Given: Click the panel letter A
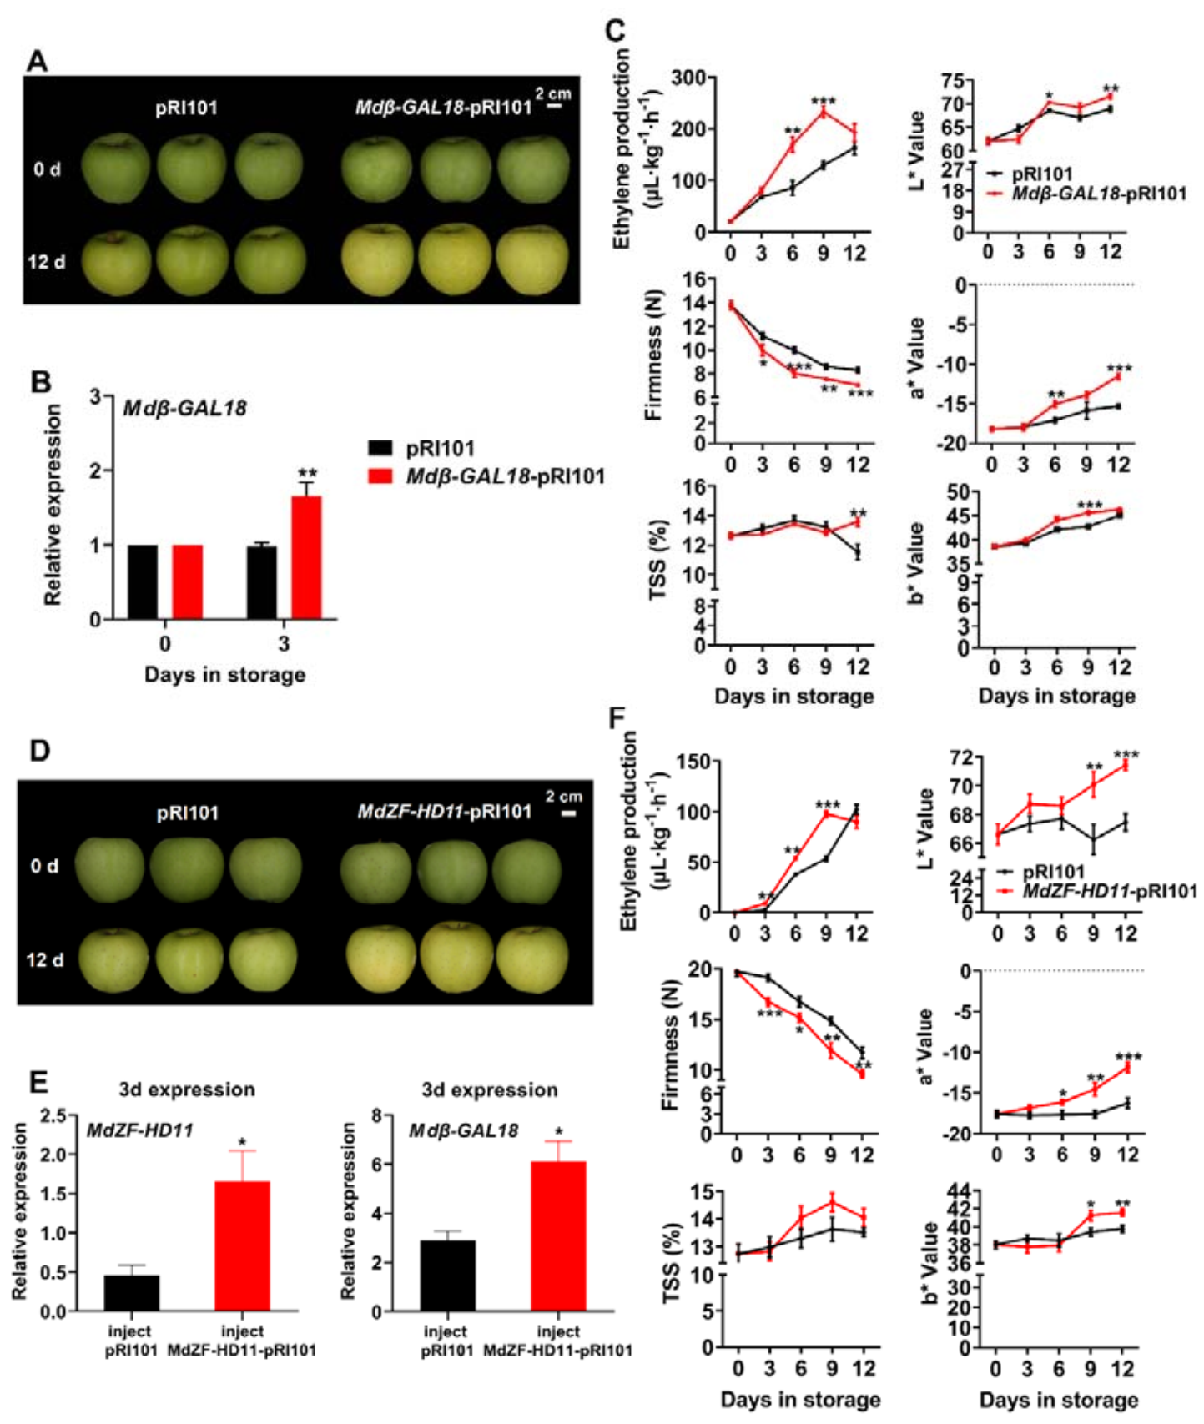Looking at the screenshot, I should point(37,61).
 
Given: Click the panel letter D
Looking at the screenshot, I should point(39,751).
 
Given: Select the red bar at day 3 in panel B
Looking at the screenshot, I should point(306,557).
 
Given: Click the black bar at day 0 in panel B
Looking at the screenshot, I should point(143,581).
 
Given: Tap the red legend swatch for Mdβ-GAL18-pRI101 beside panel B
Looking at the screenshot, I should point(380,476).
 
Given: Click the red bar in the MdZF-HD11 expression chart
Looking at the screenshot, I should point(242,1245).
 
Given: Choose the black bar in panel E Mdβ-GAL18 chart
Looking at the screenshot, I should point(447,1276).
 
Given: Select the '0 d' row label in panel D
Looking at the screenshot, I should point(44,866).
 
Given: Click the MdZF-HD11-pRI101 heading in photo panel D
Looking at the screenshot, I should point(444,811).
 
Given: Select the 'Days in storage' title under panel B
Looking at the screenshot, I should point(224,674).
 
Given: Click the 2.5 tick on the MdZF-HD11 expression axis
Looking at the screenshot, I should point(54,1115).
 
